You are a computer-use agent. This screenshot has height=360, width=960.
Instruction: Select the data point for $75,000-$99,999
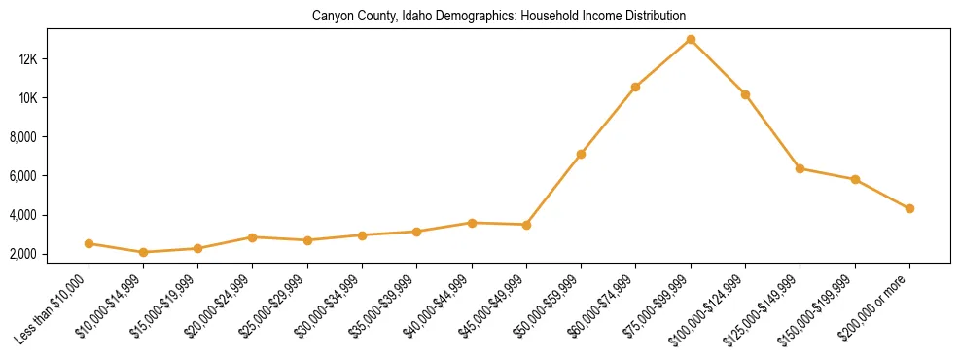click(691, 40)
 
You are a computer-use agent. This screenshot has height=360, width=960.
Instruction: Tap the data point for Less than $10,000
click(89, 243)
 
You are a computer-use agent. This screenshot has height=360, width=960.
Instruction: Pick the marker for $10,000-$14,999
click(143, 252)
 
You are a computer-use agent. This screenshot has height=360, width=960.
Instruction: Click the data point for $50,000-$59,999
click(581, 154)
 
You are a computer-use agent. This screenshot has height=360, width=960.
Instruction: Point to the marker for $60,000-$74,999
click(635, 88)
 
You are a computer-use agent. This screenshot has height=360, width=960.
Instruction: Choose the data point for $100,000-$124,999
click(745, 94)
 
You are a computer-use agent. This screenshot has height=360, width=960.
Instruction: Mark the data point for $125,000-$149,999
click(800, 168)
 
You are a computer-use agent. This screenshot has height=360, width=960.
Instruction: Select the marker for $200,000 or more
click(909, 208)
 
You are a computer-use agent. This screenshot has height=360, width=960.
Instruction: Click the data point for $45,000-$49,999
click(526, 225)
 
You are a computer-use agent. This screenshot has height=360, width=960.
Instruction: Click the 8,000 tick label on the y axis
click(47, 137)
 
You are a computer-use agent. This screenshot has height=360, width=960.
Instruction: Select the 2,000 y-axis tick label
click(47, 254)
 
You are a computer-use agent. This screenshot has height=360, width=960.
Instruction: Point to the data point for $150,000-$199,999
click(855, 179)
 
